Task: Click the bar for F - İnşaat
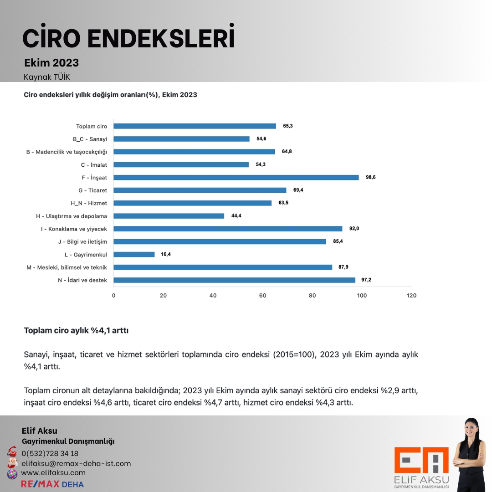coord(236,177)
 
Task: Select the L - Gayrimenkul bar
coord(134,254)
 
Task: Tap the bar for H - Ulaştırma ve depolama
coord(169,216)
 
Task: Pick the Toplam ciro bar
coord(195,126)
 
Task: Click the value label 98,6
coord(371,177)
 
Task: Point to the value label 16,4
coord(166,254)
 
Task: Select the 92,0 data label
coord(354,229)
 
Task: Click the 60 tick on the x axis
coord(262,296)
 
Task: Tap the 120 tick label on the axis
coord(411,296)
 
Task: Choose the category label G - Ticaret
coord(92,190)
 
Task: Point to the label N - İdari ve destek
coord(82,280)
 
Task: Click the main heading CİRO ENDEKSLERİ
coord(128,38)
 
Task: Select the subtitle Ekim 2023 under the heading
coord(51,62)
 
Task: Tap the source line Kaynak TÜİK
coord(47,77)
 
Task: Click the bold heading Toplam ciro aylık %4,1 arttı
coord(76,330)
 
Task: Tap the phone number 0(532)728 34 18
coord(50,453)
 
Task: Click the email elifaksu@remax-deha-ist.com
coord(76,463)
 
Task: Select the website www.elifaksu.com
coord(53,473)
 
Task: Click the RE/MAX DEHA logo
coord(52,484)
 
